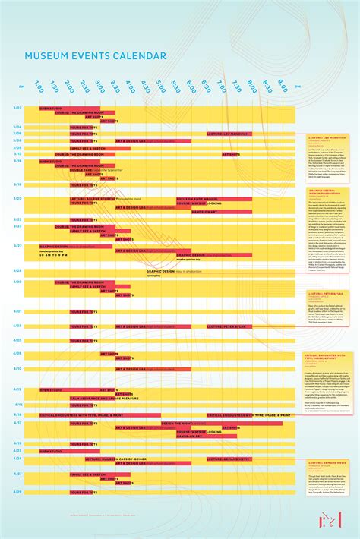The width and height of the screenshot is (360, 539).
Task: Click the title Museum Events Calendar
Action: tap(95, 56)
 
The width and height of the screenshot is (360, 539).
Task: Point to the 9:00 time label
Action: tap(283, 85)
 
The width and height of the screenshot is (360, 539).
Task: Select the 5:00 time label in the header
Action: tap(161, 87)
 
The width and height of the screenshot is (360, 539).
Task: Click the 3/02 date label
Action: tap(17, 108)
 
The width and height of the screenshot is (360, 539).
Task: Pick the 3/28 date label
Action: tap(17, 270)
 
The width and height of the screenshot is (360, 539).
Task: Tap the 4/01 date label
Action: tap(17, 311)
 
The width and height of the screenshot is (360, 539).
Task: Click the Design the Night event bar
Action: tap(182, 423)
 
